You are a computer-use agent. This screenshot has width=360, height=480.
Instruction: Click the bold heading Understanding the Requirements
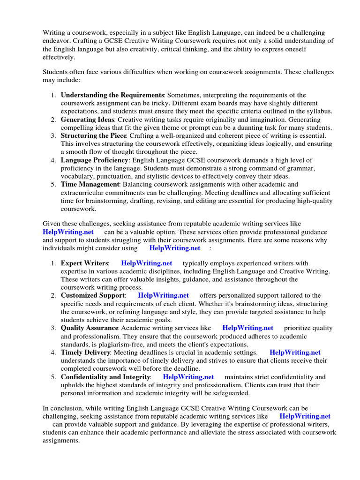[112, 95]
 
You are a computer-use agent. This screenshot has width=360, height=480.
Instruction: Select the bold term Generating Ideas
[87, 120]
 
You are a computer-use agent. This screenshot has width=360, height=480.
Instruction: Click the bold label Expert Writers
[84, 263]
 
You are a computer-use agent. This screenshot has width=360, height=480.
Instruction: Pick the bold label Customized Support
[93, 296]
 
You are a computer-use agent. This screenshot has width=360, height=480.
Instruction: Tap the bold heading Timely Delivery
[85, 352]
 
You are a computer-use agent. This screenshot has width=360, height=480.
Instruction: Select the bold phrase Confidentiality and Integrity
[105, 377]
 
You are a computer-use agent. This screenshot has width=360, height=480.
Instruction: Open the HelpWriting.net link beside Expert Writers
[146, 263]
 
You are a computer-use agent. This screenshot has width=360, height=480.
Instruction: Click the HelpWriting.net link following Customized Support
[164, 296]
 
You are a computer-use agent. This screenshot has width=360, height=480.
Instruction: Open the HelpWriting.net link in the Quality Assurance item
[247, 328]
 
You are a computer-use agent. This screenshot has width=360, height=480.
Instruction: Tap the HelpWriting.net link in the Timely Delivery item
[295, 352]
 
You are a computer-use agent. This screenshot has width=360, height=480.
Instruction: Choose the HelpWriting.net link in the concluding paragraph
[305, 416]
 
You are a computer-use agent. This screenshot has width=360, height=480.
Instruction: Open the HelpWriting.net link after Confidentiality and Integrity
[188, 377]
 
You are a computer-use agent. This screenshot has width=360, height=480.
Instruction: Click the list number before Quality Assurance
[53, 328]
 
